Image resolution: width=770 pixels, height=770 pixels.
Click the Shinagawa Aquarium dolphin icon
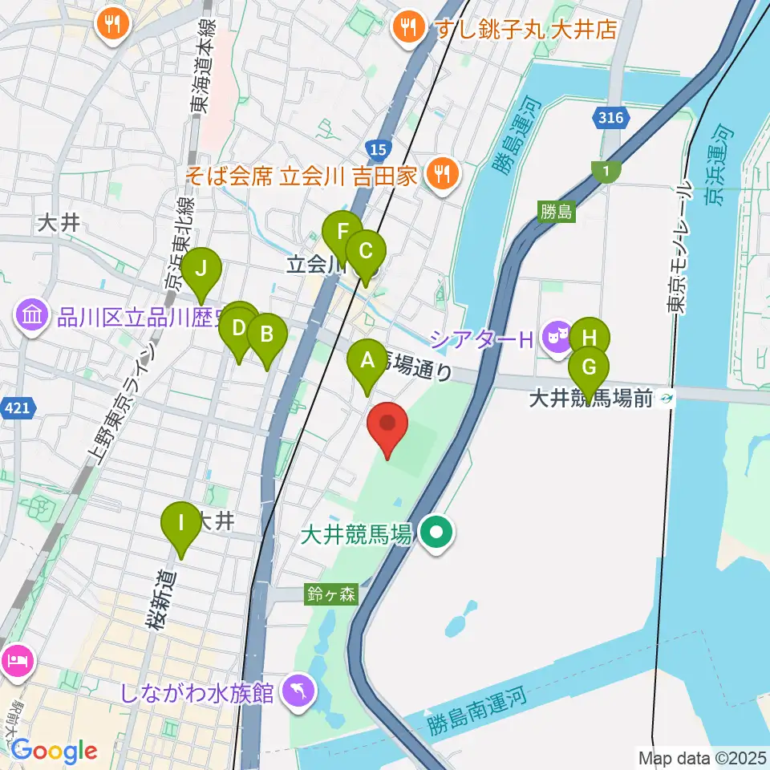pyautogui.click(x=298, y=692)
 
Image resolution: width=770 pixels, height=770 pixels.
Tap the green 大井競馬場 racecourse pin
pyautogui.click(x=437, y=531)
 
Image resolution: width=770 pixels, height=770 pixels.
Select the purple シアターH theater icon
pyautogui.click(x=555, y=338)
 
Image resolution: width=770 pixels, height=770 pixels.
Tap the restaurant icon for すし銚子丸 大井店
pyautogui.click(x=409, y=30)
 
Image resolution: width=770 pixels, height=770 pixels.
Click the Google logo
pyautogui.click(x=55, y=751)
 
